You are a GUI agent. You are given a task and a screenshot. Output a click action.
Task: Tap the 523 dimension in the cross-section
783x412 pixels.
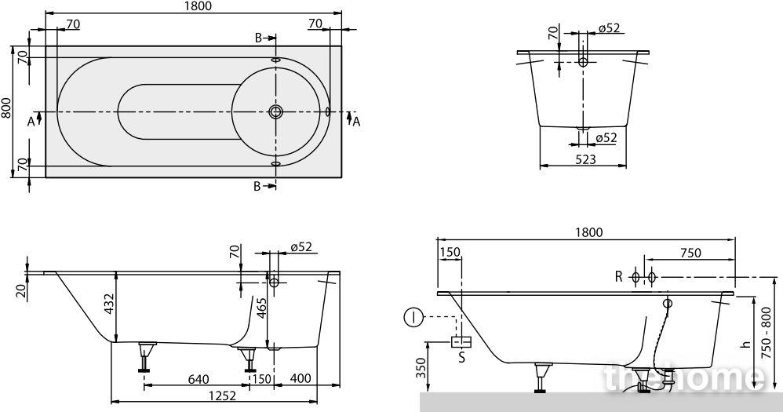(x=585, y=159)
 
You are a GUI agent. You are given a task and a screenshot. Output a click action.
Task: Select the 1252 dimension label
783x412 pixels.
(x=222, y=396)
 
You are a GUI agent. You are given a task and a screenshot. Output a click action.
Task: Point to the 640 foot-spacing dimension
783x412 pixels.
(x=198, y=379)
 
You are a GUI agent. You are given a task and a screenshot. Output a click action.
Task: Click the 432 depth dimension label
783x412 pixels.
(x=109, y=304)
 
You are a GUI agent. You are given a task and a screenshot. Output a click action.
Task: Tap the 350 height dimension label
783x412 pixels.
(x=422, y=369)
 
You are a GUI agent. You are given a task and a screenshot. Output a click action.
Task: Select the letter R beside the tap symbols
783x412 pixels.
(x=619, y=277)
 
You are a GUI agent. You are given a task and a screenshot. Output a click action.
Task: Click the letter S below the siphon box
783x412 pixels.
(x=461, y=357)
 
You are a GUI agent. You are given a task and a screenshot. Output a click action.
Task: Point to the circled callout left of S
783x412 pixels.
(x=413, y=317)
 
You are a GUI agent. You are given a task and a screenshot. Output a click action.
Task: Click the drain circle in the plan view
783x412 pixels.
(x=275, y=111)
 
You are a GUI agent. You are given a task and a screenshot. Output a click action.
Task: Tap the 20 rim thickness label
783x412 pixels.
(x=20, y=290)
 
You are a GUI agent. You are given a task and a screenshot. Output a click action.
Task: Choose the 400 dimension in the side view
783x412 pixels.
(x=300, y=378)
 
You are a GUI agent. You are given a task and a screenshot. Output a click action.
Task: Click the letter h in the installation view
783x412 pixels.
(x=747, y=344)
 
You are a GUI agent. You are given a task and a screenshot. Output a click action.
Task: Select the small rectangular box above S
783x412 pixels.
(x=461, y=342)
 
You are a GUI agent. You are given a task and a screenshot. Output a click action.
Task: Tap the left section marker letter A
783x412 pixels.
(x=31, y=121)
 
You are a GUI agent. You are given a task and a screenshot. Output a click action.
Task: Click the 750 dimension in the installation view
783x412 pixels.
(x=690, y=253)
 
